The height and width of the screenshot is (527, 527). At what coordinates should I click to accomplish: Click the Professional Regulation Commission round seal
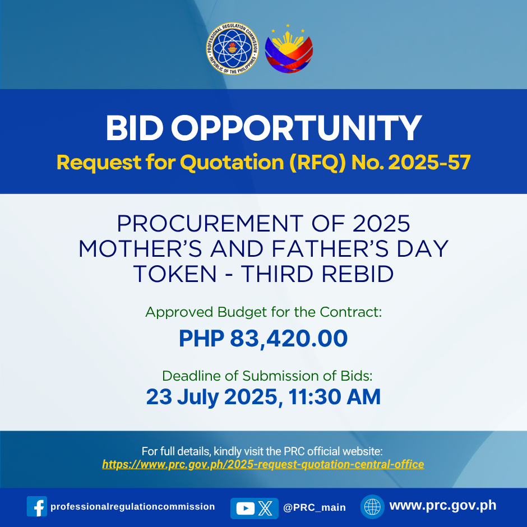[x=232, y=48]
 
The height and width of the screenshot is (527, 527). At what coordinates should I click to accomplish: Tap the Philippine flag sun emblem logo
[x=289, y=49]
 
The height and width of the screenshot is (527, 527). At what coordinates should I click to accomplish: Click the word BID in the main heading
[x=135, y=128]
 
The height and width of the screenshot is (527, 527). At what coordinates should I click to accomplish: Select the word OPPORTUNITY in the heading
[x=296, y=128]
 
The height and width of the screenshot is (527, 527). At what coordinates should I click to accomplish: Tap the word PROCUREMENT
[x=210, y=224]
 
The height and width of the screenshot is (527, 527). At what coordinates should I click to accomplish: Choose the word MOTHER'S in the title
[x=141, y=249]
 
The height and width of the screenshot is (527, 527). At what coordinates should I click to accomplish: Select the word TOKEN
[x=175, y=274]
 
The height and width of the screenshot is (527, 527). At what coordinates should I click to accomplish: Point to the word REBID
[x=358, y=274]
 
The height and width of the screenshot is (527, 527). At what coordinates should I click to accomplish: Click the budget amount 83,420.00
[x=289, y=339]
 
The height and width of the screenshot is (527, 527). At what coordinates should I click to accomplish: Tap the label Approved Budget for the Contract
[x=263, y=312]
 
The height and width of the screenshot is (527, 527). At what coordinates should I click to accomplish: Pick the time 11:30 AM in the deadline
[x=334, y=397]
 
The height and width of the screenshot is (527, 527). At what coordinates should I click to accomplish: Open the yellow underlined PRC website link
[x=263, y=464]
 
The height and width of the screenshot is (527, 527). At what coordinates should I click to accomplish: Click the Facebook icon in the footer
[x=37, y=506]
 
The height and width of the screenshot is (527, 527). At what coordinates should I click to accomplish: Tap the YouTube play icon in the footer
[x=246, y=508]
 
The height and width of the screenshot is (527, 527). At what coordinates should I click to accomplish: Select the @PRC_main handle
[x=315, y=507]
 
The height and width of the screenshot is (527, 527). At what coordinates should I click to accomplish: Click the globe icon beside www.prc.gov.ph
[x=372, y=506]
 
